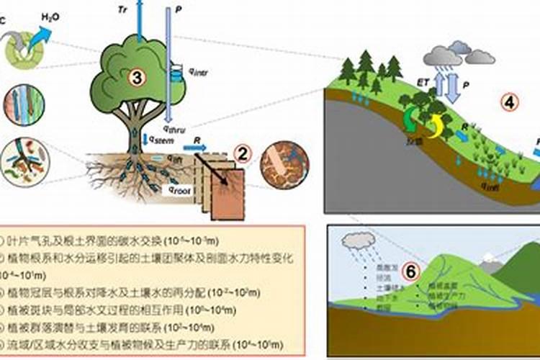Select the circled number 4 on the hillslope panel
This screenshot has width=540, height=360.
click(509, 103)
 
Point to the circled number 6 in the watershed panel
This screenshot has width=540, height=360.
click(410, 271)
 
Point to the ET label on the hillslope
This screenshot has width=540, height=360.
click(425, 82)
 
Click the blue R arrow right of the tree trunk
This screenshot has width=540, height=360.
click(194, 148)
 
